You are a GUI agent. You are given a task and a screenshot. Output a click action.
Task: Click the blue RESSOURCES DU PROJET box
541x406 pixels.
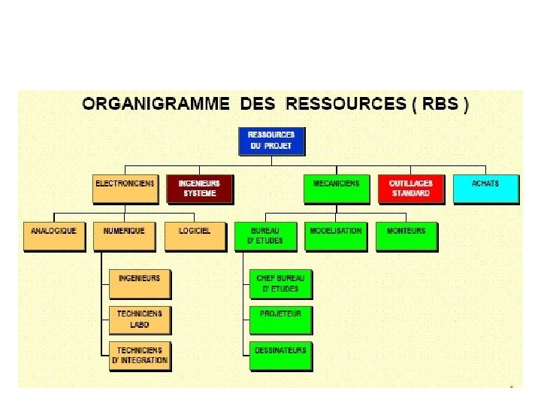(271, 141)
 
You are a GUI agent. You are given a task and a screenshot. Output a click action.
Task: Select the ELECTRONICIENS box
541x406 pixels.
(125, 189)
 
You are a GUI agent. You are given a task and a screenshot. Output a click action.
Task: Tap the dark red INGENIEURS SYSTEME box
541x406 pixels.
(199, 189)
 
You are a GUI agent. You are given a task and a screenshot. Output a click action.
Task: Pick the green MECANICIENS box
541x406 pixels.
(336, 189)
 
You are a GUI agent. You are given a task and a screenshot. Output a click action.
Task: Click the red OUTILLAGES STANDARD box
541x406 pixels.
(410, 189)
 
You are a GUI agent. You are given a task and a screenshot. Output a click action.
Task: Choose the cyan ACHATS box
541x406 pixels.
(485, 189)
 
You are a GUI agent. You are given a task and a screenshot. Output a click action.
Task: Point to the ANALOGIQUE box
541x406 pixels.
(54, 236)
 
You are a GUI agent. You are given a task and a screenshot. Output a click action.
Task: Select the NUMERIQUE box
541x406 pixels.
(124, 236)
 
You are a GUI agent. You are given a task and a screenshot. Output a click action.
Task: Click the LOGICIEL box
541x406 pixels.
(195, 236)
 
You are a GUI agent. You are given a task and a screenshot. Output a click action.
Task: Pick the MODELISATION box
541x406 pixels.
(336, 236)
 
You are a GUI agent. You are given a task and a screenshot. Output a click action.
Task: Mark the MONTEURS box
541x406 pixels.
(407, 236)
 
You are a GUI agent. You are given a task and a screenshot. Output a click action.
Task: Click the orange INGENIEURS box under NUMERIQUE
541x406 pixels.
(140, 283)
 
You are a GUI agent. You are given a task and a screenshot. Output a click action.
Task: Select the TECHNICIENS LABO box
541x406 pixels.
(140, 319)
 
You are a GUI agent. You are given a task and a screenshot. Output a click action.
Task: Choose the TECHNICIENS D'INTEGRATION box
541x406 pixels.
(140, 356)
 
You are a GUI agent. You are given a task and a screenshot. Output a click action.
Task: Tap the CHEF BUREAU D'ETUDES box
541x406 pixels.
(280, 283)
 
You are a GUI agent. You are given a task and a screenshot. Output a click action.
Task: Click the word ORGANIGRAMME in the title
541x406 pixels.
(156, 105)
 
